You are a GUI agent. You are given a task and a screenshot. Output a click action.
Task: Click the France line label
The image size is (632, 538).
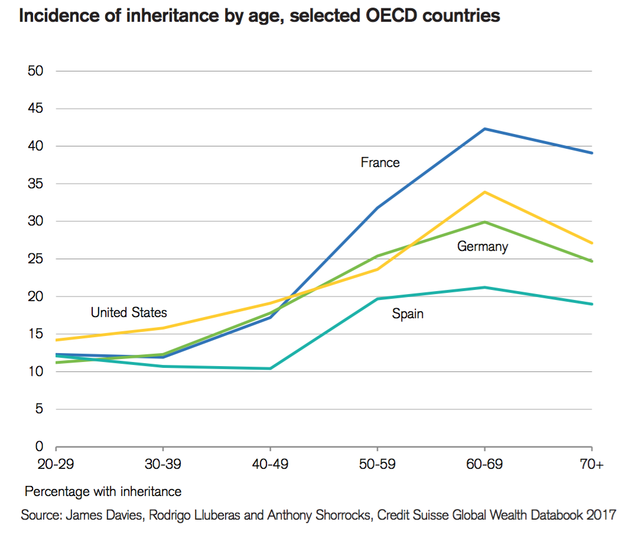[380, 162]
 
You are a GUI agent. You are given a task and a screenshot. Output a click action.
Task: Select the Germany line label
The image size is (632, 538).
[482, 247]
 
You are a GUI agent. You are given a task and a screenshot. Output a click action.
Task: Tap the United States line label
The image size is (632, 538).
[129, 312]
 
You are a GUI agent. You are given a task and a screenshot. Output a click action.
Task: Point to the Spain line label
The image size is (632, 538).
[408, 314]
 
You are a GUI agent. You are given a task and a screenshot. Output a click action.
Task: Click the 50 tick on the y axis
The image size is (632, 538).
[36, 71]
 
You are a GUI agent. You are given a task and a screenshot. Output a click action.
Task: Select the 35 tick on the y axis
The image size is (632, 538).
[36, 184]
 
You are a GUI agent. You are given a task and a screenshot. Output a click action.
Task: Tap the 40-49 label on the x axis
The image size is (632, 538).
[270, 465]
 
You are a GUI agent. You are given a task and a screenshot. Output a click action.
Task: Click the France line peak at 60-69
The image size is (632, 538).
[484, 129]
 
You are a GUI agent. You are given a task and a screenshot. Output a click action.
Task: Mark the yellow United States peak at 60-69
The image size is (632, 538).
[484, 192]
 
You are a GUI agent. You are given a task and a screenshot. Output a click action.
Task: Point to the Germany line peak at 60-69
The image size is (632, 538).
[484, 222]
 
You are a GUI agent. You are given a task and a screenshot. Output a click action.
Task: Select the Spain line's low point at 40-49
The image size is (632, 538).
[270, 369]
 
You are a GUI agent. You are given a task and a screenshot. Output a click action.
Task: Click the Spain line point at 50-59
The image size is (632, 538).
[377, 299]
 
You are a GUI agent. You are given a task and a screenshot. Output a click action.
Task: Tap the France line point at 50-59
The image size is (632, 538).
[377, 208]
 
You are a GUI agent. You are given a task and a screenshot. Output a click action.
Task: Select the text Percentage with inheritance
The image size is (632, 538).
[103, 491]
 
